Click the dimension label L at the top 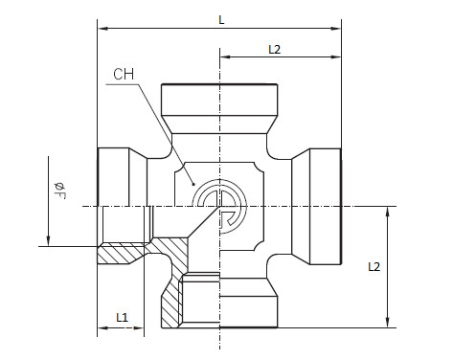[221, 20]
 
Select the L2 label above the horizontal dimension [275, 50]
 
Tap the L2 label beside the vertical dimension [374, 266]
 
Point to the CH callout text [124, 74]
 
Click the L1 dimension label [123, 317]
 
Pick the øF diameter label [59, 191]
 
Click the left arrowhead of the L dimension [102, 29]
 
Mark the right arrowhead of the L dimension [336, 29]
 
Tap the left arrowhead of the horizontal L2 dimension [225, 57]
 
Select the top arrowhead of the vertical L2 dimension [388, 212]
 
